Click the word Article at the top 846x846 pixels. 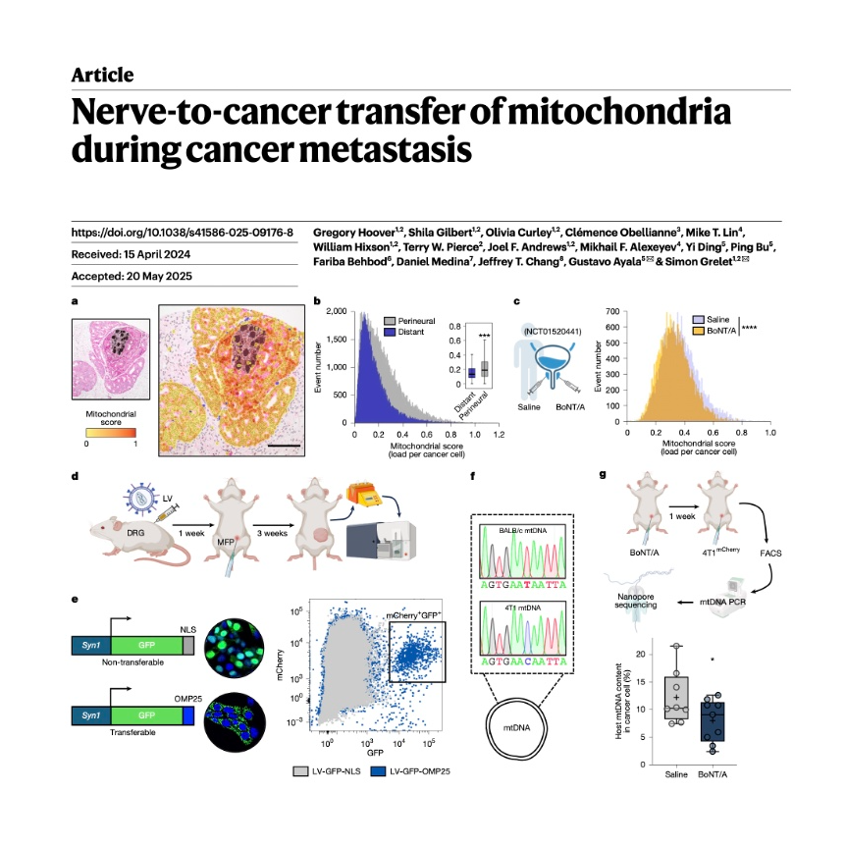click(x=102, y=76)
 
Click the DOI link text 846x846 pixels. click(x=183, y=233)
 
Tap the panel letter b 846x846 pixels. click(x=316, y=300)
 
